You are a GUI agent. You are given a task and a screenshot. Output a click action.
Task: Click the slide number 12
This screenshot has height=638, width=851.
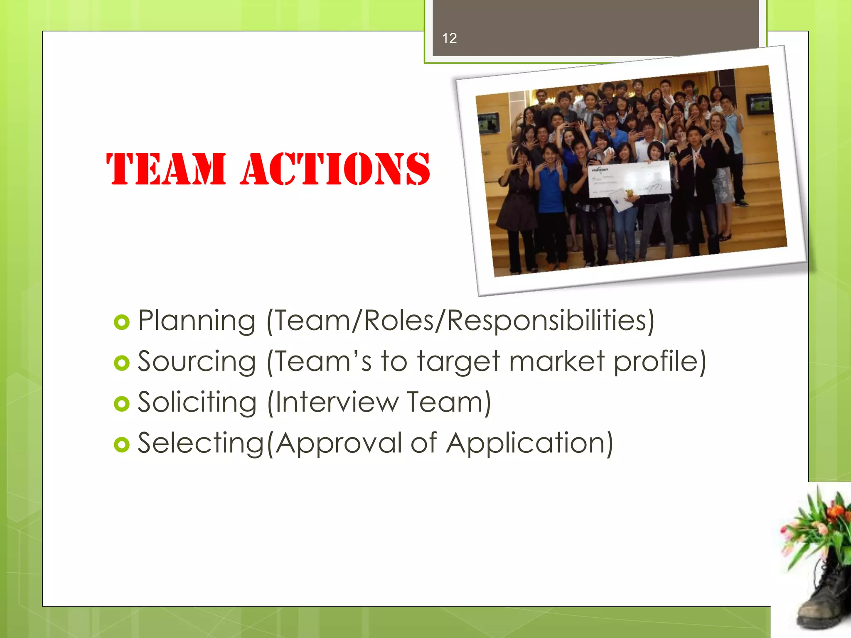click(x=449, y=38)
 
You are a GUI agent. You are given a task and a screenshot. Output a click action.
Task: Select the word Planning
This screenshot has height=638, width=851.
click(x=196, y=321)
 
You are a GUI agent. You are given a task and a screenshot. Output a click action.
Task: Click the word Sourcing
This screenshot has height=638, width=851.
click(x=197, y=362)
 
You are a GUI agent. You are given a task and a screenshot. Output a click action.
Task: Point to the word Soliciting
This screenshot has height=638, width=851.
click(x=197, y=402)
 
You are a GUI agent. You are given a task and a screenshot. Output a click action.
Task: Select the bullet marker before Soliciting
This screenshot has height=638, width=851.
click(x=121, y=404)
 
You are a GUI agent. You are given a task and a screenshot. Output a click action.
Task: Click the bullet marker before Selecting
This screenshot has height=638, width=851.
click(x=121, y=444)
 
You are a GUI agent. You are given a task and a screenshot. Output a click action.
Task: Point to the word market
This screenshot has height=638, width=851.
click(x=557, y=361)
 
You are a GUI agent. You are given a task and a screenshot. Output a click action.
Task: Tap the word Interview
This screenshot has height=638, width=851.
click(x=336, y=402)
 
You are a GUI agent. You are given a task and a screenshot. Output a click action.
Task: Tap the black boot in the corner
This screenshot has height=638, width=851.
click(x=824, y=598)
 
